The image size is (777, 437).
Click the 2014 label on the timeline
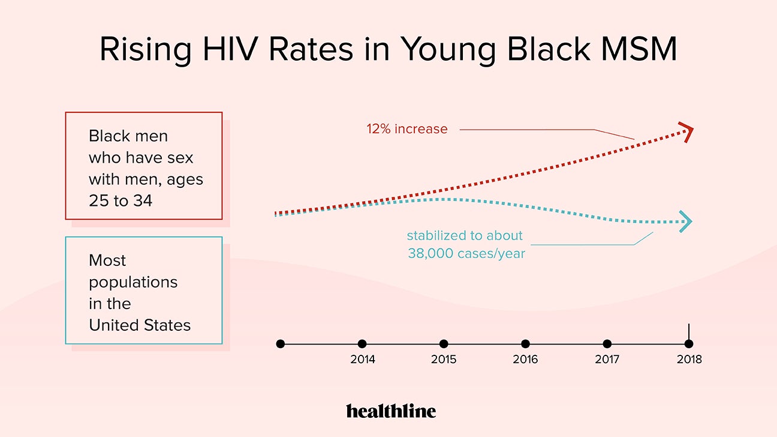[x=362, y=360]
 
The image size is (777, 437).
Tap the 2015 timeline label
[x=444, y=360]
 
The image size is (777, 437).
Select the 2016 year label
[x=525, y=360]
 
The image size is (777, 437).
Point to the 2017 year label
[x=607, y=360]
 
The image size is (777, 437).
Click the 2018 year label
[x=689, y=360]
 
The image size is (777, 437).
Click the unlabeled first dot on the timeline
[x=281, y=344]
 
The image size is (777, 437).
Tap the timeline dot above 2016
[x=525, y=344]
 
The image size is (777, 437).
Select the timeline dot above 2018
[x=689, y=344]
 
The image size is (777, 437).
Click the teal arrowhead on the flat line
[x=685, y=222]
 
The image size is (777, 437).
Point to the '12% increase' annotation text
[x=407, y=129]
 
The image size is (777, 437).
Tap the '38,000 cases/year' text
[x=466, y=253]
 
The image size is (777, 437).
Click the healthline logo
[x=391, y=411]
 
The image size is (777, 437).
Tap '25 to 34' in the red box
[x=121, y=200]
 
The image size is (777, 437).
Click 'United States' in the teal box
[x=140, y=325]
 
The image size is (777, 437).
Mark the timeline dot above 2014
[x=362, y=344]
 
